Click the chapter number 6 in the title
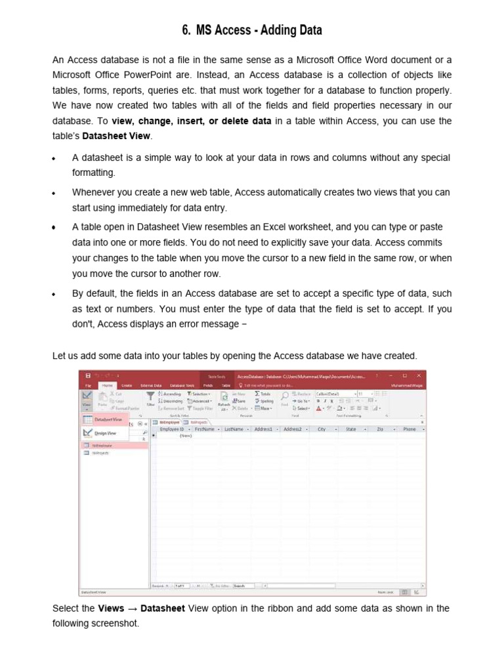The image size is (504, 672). coord(185,30)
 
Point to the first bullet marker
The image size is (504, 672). coord(54,159)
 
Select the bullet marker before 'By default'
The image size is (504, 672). coord(54,295)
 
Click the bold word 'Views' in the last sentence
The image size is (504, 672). coord(111,608)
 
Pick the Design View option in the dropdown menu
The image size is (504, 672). coord(105,433)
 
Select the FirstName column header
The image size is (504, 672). coord(205,429)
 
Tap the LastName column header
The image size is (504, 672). coord(234,429)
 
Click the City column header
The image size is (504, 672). coord(322,429)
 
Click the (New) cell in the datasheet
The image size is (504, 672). coord(186,435)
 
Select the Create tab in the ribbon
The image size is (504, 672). coord(127,385)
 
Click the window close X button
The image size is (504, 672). coord(418,376)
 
